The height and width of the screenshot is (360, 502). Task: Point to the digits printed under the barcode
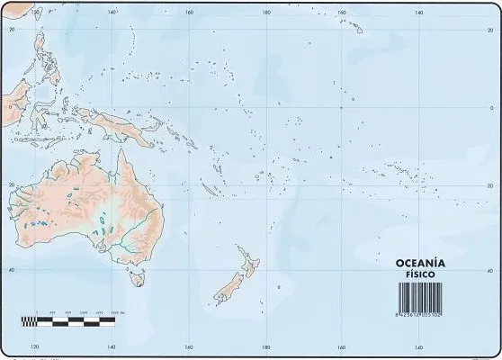click(429, 314)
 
